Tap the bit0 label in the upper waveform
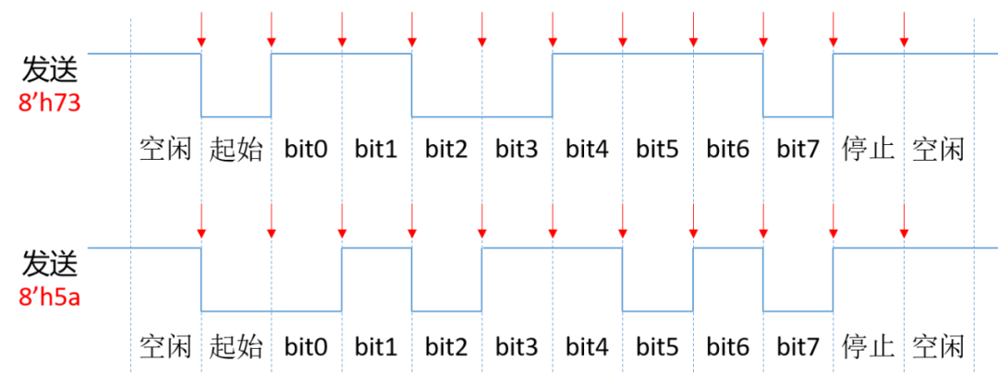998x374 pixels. click(306, 148)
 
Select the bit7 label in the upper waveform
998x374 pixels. click(798, 148)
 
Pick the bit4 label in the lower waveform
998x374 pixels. click(588, 347)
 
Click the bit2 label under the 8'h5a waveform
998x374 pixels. click(446, 347)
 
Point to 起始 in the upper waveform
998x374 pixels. click(237, 148)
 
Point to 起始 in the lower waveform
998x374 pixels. click(237, 347)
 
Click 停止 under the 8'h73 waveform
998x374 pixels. click(869, 148)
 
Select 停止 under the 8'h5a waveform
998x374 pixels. click(869, 347)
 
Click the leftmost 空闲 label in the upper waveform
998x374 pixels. click(165, 148)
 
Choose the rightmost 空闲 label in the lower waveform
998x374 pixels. click(939, 347)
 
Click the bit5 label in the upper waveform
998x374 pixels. click(658, 148)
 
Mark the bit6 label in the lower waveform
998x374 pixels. click(728, 347)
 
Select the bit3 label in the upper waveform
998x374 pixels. click(517, 148)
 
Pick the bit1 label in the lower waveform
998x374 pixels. click(376, 347)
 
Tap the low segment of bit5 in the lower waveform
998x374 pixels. click(658, 311)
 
